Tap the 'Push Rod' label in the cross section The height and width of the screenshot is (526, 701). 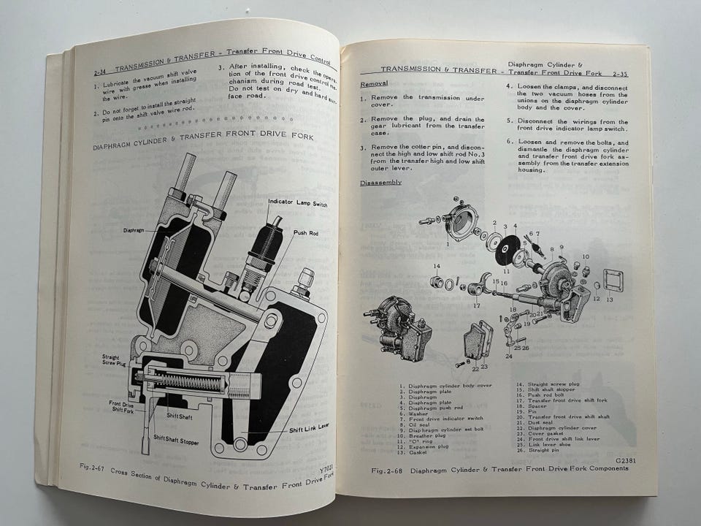point(305,233)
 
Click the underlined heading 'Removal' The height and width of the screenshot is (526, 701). point(374,84)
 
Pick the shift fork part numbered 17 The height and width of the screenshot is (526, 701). point(475,285)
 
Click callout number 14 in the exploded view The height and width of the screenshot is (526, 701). point(436,267)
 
